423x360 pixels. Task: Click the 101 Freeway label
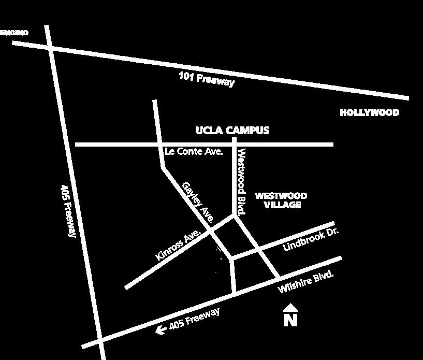click(x=207, y=79)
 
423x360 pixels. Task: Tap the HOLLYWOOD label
click(x=369, y=112)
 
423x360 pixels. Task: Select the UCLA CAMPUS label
click(x=232, y=130)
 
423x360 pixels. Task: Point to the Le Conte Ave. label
click(x=193, y=152)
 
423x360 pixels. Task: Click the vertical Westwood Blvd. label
click(x=241, y=182)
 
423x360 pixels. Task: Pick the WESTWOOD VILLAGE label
click(x=281, y=200)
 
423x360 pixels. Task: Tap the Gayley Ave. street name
click(x=198, y=202)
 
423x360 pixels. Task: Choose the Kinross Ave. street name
click(x=178, y=245)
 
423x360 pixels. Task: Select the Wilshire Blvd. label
click(x=305, y=282)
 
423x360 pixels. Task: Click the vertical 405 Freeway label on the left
click(x=69, y=210)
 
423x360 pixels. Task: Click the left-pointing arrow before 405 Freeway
click(x=161, y=328)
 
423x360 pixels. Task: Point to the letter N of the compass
click(x=290, y=320)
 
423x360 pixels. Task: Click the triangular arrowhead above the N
click(x=290, y=308)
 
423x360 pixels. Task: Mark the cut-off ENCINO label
click(x=14, y=33)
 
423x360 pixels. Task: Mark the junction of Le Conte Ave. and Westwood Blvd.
click(x=234, y=144)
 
